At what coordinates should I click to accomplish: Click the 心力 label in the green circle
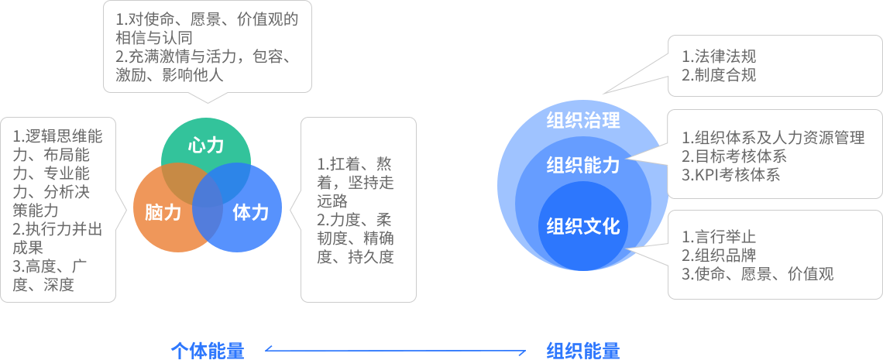(x=205, y=146)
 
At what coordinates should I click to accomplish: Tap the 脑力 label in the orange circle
(x=163, y=212)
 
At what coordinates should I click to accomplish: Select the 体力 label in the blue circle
(x=249, y=212)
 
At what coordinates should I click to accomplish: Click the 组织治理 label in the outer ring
(x=582, y=121)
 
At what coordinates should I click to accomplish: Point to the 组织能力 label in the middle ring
(x=582, y=165)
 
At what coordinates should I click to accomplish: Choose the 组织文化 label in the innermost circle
(x=582, y=226)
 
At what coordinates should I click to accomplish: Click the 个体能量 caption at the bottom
(x=207, y=351)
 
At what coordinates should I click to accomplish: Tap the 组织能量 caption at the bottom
(x=582, y=351)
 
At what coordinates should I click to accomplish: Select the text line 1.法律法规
(x=719, y=57)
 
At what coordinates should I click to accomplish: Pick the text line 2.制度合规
(x=719, y=75)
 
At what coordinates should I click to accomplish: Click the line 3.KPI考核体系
(x=730, y=175)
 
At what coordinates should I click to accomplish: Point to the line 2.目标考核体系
(x=734, y=156)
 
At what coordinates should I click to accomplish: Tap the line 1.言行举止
(x=719, y=236)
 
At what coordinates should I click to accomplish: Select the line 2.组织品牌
(x=719, y=255)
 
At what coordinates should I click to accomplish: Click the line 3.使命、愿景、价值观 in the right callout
(x=758, y=273)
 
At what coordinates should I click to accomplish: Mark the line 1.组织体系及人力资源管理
(x=773, y=138)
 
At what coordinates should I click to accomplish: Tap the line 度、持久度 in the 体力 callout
(x=356, y=257)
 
